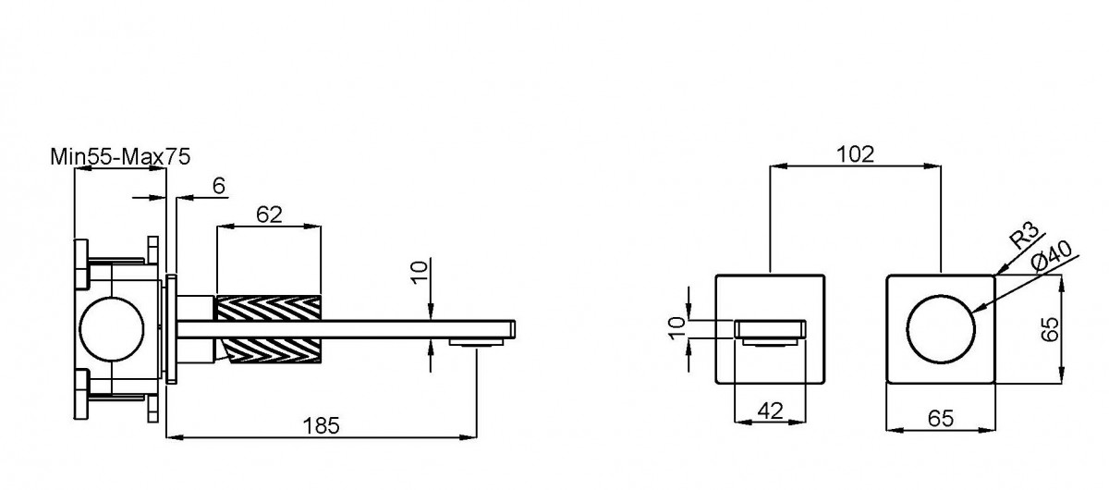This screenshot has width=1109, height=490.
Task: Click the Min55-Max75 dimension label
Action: point(120,157)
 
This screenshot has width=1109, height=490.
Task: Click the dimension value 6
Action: point(219,186)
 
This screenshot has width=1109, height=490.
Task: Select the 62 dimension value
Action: point(269,214)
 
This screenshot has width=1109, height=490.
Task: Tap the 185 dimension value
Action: point(321,425)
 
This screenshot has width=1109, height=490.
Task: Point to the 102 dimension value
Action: point(856,154)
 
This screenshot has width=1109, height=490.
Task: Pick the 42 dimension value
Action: point(771,410)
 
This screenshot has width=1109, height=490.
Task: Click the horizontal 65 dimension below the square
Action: point(940,419)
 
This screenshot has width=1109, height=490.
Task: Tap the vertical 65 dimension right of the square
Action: point(1050,329)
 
